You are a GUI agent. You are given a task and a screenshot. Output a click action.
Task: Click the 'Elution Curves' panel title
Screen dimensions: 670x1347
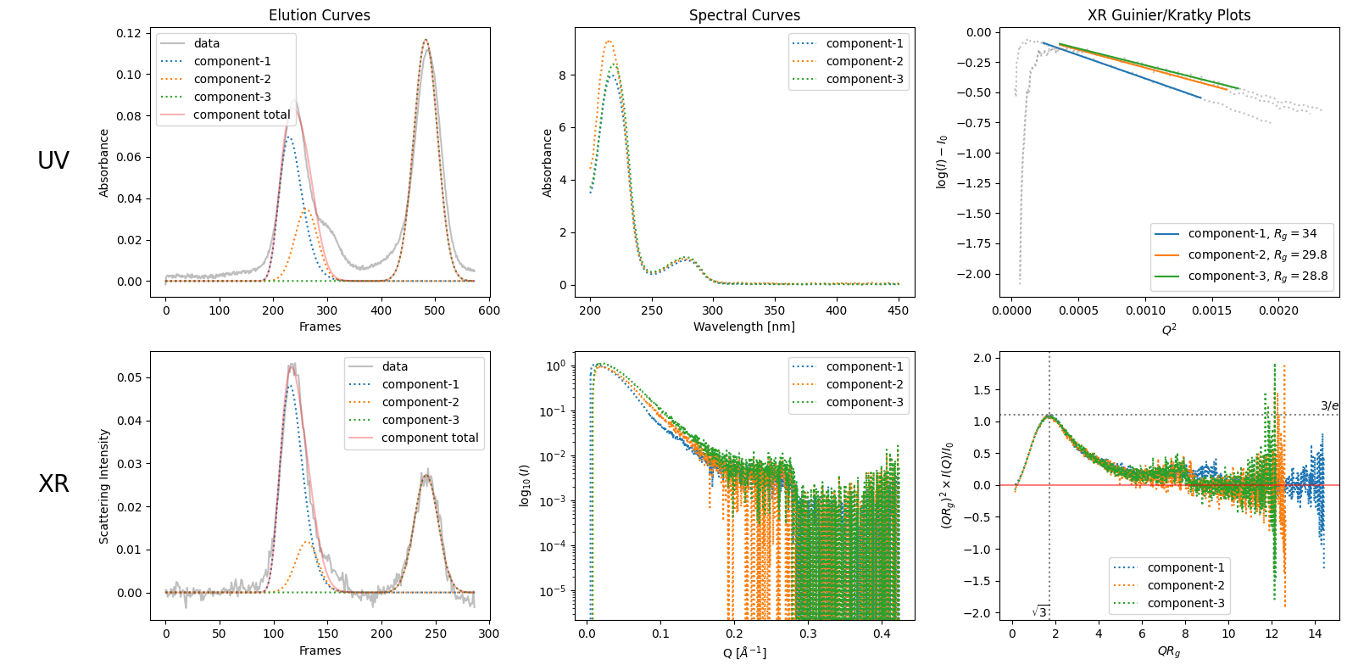320,15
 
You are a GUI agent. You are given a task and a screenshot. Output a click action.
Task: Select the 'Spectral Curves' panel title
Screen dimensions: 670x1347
744,15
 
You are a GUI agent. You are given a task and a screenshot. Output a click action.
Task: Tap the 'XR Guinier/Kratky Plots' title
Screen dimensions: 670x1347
1169,15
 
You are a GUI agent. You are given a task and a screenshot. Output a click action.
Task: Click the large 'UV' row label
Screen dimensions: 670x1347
53,160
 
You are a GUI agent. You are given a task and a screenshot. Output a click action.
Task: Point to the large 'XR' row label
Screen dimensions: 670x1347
53,483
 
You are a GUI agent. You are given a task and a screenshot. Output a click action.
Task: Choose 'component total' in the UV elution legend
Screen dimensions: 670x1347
242,114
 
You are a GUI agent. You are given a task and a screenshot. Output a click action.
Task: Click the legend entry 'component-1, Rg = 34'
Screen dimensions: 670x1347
1252,234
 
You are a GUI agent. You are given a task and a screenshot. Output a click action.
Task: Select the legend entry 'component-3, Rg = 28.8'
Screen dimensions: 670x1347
1257,276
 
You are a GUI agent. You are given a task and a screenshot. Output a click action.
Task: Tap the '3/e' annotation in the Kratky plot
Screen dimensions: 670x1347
1329,405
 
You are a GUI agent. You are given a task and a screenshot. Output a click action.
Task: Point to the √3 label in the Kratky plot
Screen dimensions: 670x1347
1040,611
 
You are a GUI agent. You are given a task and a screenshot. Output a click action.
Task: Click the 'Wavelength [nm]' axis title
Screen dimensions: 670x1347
744,327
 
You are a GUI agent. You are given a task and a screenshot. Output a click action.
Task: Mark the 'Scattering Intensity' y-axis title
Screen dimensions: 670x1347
104,486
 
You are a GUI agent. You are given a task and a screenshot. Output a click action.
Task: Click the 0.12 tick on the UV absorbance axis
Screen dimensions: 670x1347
129,33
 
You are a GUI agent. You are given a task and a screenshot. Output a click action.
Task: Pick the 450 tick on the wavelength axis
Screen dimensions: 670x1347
899,310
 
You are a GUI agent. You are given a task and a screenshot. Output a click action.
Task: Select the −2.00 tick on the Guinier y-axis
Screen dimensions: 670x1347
974,274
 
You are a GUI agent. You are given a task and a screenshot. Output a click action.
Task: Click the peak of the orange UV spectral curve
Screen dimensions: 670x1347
608,41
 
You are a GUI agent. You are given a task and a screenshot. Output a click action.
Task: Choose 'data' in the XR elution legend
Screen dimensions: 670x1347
394,366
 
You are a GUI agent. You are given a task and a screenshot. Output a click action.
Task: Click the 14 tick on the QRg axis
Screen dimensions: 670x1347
1315,634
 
